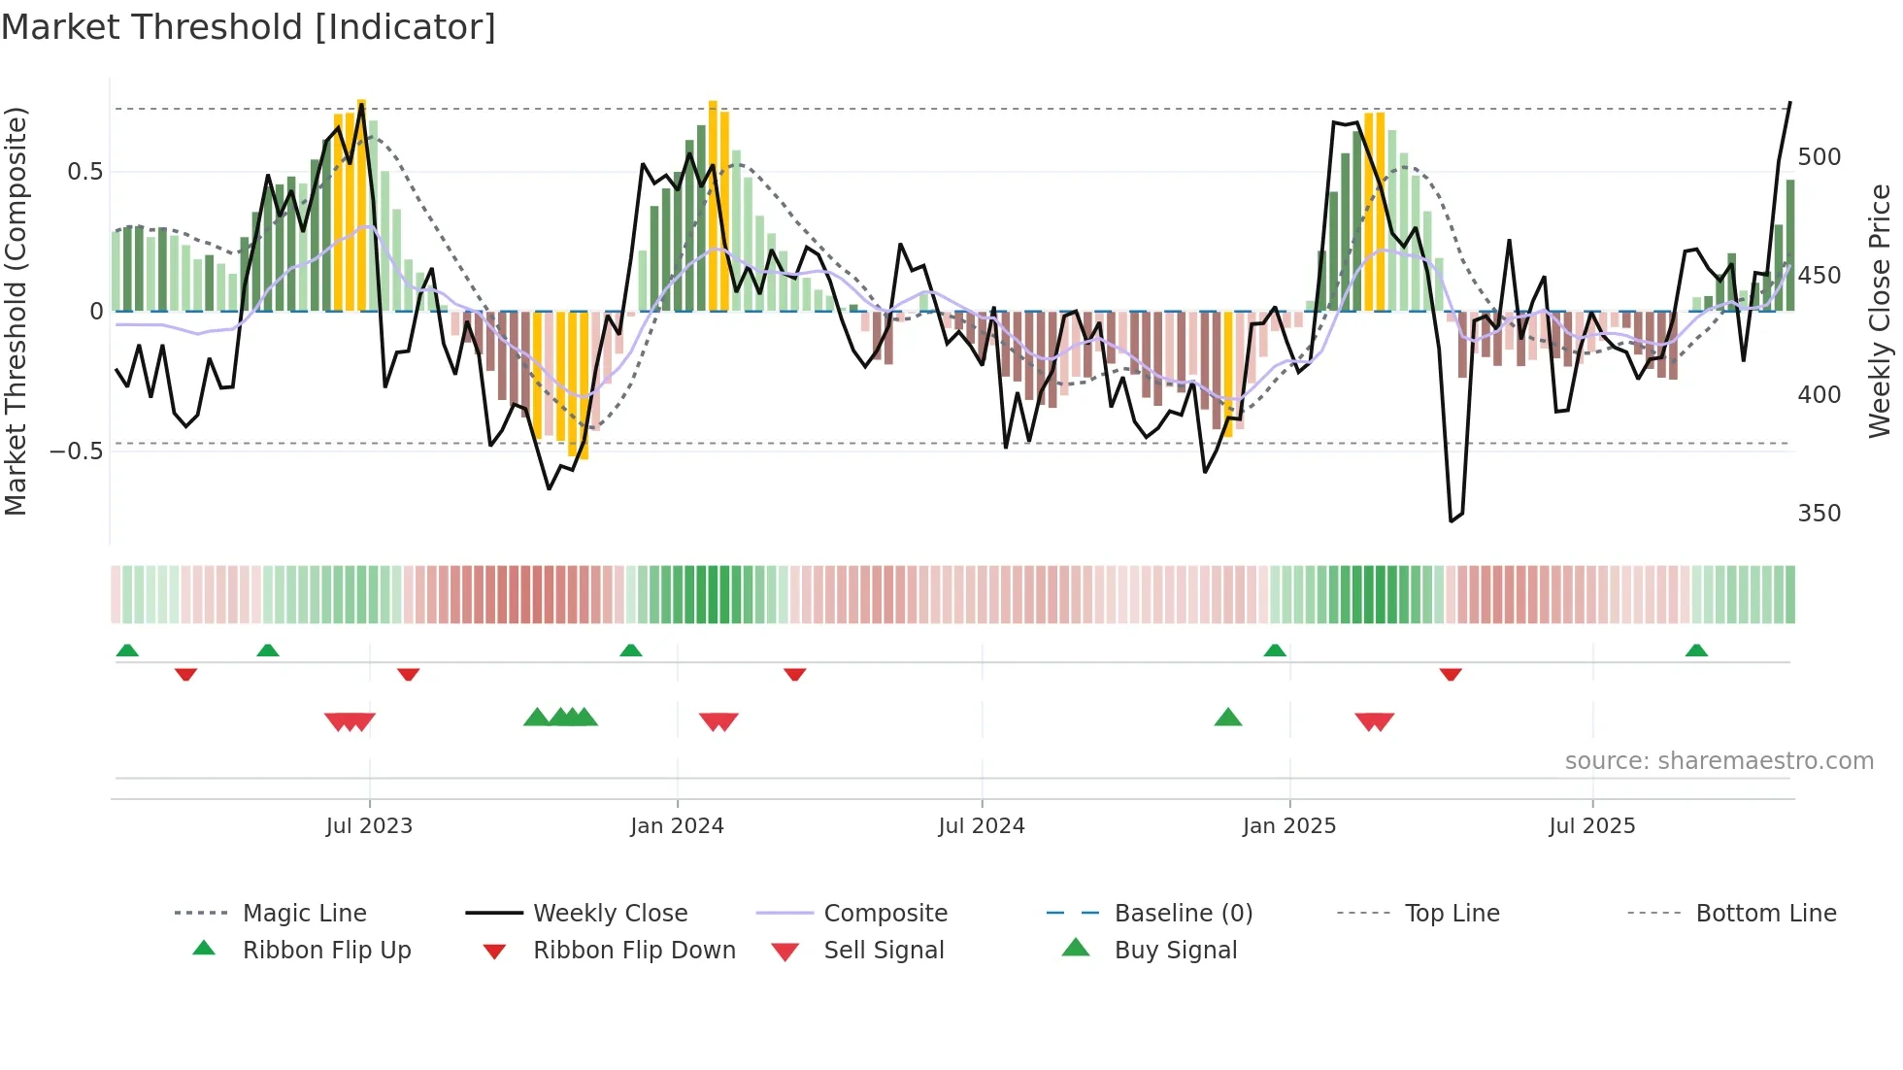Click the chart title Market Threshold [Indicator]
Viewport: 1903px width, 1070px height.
[249, 27]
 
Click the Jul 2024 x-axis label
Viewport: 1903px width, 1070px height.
[981, 826]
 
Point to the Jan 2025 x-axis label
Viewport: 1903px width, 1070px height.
[1288, 826]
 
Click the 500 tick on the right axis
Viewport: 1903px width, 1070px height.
[1819, 157]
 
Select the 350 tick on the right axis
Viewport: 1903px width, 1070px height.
[1819, 514]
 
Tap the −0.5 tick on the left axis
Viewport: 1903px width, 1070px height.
[76, 451]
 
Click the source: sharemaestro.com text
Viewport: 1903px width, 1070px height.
[1719, 761]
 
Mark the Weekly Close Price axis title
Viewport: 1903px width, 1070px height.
[1880, 311]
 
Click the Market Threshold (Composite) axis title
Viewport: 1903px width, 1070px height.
[17, 311]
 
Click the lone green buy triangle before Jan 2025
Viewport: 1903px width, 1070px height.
[1228, 718]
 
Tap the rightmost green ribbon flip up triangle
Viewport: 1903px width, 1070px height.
[1696, 651]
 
